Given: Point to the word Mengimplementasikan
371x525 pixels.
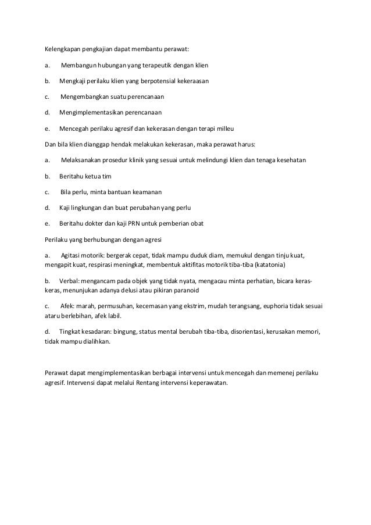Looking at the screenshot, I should (x=96, y=112).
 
